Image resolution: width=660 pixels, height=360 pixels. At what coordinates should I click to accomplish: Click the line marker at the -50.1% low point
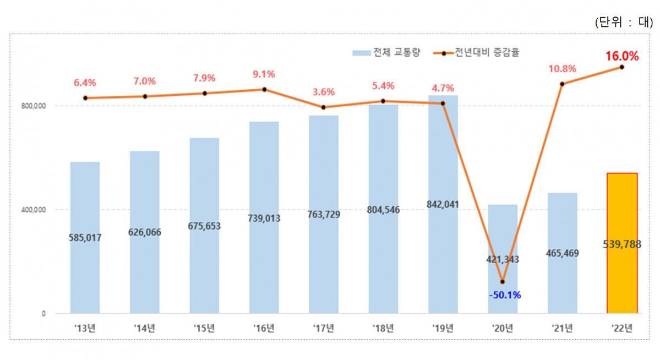503,282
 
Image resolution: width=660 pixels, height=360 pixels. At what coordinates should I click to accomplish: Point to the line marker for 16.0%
622,67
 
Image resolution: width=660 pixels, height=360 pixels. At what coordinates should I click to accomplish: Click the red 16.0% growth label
622,56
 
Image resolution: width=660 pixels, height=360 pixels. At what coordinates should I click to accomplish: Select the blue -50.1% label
504,296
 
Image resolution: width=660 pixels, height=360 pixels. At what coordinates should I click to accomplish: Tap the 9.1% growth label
264,74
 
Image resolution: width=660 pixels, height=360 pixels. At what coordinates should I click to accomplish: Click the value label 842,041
443,204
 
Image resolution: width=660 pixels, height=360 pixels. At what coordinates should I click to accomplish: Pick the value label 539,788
622,243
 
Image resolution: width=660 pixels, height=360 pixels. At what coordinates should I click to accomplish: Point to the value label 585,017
85,237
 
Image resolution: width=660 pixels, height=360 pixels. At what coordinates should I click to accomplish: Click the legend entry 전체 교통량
386,53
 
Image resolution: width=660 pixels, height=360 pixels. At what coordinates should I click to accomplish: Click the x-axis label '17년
324,329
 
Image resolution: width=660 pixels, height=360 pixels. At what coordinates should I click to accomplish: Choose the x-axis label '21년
562,329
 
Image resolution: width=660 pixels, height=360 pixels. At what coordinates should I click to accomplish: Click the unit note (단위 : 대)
623,23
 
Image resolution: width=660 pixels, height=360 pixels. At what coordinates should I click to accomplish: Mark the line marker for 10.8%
562,84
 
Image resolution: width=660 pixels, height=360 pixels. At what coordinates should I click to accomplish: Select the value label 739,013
264,218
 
